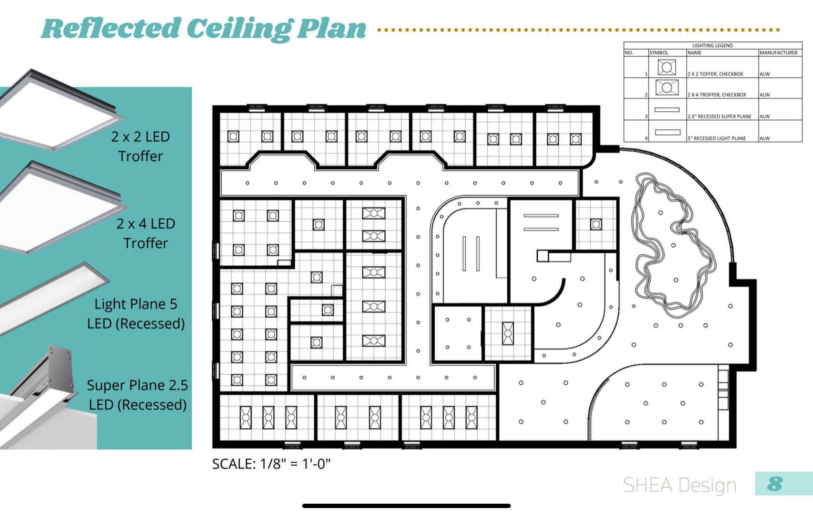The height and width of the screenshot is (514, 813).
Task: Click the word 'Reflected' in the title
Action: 111,29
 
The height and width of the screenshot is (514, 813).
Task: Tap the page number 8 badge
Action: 775,483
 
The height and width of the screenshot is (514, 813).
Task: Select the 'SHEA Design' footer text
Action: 680,485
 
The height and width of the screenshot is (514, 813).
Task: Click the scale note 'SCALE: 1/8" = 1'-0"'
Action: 271,464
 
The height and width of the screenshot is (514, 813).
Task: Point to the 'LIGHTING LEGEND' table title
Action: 713,46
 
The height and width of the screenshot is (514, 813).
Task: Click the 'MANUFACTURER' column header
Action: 778,53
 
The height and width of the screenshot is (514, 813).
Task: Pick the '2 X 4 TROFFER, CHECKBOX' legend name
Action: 717,95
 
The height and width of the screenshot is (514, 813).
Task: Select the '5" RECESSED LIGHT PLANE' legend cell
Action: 717,138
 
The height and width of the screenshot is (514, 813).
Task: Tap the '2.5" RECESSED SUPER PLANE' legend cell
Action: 719,117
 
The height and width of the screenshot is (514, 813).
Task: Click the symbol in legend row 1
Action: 667,67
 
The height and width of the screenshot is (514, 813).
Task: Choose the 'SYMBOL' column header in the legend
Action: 659,53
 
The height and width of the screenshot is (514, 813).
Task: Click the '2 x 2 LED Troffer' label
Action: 141,146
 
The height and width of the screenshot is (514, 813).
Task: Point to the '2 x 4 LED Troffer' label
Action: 146,233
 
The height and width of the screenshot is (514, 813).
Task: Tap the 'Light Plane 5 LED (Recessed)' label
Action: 136,314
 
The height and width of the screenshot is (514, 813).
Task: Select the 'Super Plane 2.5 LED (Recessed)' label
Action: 137,395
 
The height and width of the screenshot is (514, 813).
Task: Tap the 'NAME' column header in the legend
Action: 695,53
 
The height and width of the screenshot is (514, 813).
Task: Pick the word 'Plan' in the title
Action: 331,29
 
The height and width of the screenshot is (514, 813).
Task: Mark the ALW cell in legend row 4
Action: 765,138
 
